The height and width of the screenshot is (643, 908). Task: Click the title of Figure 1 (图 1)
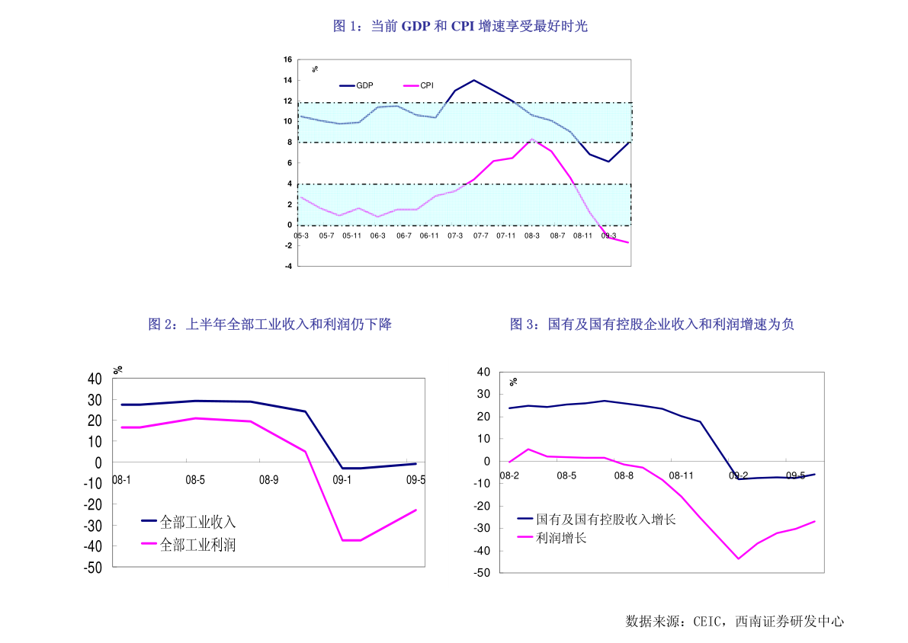460,27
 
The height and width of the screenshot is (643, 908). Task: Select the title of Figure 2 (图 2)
270,325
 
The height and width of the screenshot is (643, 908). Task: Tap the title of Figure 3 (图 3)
652,325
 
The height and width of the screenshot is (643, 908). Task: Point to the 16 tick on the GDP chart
287,59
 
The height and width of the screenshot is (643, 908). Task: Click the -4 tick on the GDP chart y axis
288,266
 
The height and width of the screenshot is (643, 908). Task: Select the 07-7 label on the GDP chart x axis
480,236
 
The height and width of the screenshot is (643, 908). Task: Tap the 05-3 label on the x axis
301,236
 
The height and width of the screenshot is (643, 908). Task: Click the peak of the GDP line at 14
473,80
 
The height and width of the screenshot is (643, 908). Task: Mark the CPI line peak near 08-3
533,139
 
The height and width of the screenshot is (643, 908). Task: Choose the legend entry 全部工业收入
197,522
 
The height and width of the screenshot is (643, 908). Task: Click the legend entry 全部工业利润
197,545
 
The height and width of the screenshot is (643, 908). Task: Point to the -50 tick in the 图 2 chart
93,568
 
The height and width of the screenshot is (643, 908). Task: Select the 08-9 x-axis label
269,480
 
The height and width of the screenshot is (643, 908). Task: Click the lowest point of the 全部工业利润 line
351,540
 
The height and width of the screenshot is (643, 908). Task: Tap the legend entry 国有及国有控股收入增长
605,520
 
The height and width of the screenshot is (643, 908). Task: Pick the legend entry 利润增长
561,538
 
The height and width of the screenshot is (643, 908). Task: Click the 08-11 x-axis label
681,475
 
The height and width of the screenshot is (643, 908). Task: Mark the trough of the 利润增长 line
738,558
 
